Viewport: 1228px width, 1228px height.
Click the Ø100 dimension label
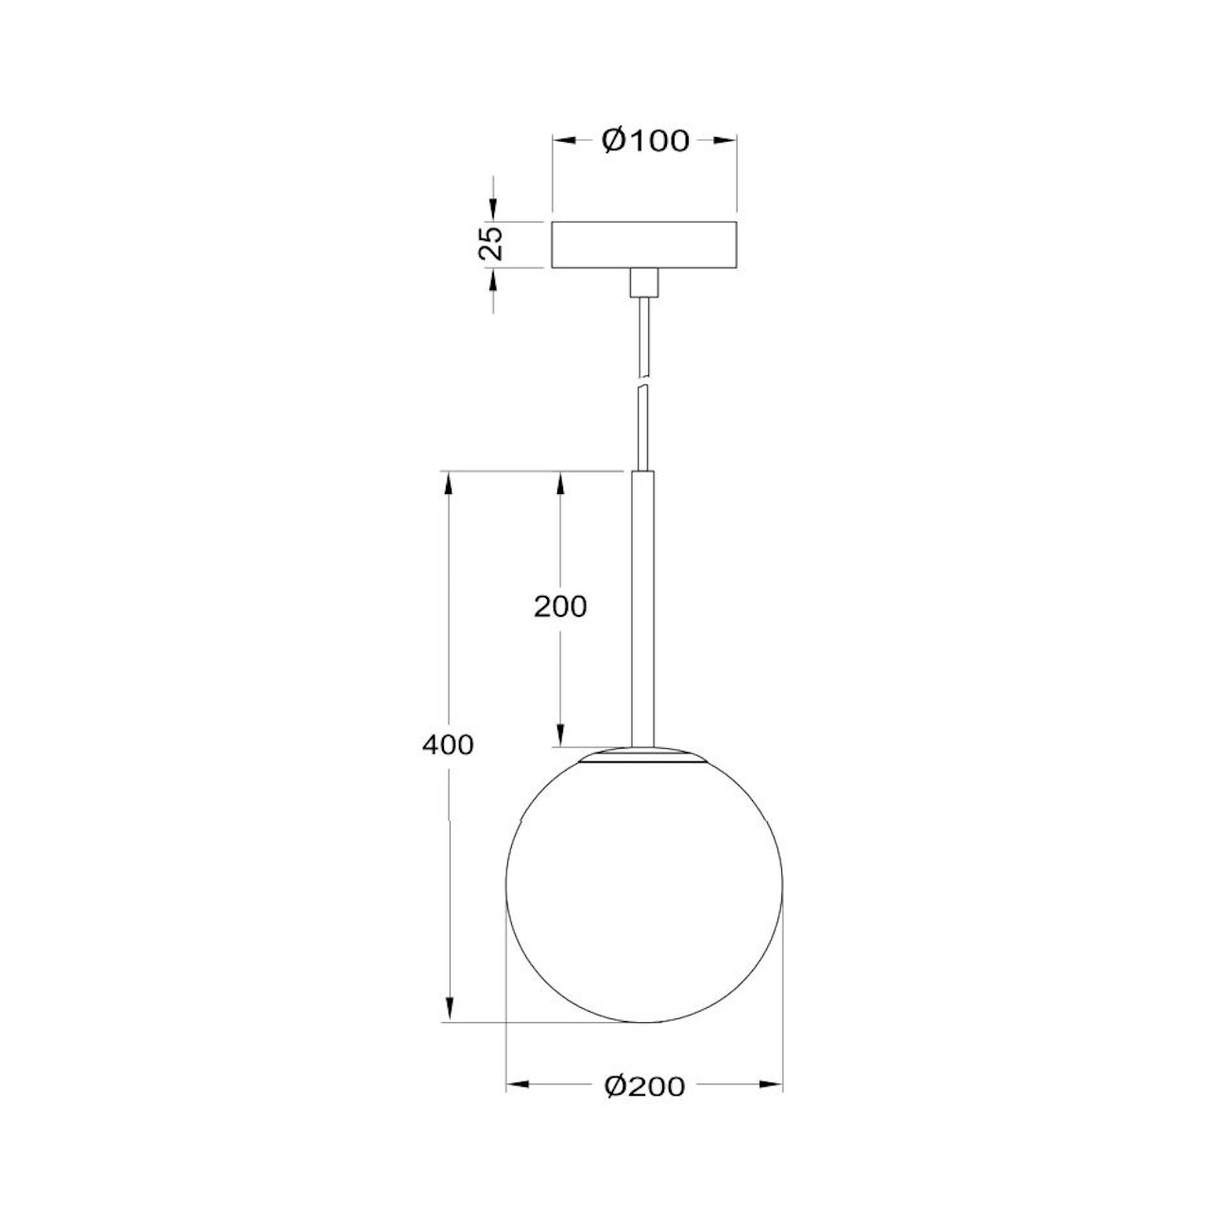pyautogui.click(x=645, y=141)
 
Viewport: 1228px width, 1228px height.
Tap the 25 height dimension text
pyautogui.click(x=492, y=245)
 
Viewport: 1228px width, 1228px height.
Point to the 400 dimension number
pyautogui.click(x=447, y=744)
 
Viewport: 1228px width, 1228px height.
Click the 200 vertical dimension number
pyautogui.click(x=560, y=606)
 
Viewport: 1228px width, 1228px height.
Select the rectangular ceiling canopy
pyautogui.click(x=644, y=245)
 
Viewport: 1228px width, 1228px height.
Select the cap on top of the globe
pyautogui.click(x=643, y=756)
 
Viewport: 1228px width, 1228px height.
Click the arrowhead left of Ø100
pyautogui.click(x=564, y=141)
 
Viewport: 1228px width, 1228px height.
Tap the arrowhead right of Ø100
pyautogui.click(x=725, y=141)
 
